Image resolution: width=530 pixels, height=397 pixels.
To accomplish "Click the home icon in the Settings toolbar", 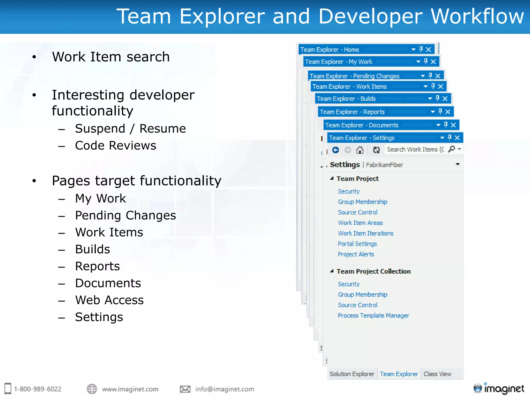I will point(360,150).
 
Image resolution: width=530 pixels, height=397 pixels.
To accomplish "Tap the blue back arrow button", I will point(336,150).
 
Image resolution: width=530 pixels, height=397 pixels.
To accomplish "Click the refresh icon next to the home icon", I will point(376,150).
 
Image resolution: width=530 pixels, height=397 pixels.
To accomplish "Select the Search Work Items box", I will point(415,150).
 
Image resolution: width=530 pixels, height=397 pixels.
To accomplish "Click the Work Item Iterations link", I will point(365,233).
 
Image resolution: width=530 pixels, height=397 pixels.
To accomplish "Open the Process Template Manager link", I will point(373,316).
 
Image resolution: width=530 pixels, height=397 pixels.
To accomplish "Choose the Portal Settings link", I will point(357,244).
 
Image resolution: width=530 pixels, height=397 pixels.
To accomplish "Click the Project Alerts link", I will point(356,254).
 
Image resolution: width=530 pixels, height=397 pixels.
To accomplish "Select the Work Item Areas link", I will point(360,223).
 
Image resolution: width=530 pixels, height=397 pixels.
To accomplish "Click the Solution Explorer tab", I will point(352,374).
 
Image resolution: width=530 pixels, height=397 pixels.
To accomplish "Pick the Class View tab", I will point(437,374).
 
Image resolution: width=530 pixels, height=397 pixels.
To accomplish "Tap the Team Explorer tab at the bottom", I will point(399,374).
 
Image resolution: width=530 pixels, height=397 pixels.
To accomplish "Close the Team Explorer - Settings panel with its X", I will point(457,138).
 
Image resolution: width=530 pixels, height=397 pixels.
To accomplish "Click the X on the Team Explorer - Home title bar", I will point(429,49).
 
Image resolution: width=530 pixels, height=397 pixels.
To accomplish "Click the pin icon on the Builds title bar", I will point(438,98).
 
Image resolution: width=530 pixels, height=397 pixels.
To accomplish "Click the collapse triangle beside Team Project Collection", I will point(332,271).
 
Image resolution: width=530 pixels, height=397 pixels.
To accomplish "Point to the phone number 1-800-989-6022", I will point(38,389).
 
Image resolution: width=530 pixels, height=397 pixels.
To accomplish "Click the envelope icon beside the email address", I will point(185,389).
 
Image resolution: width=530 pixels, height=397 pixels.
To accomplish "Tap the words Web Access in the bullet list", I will point(109,300).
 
